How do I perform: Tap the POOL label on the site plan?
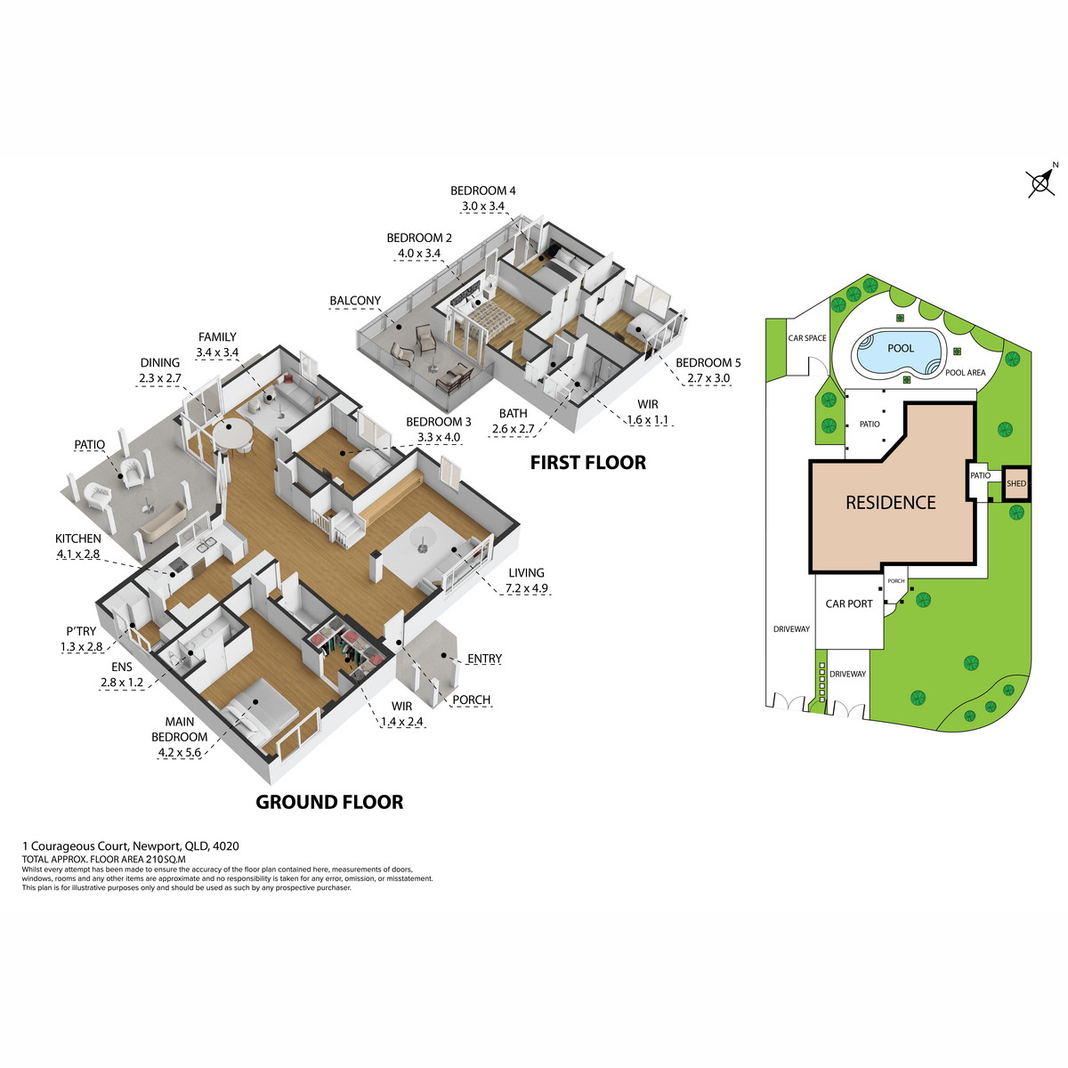(901, 348)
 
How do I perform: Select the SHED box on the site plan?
(1015, 484)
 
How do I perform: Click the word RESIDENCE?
(891, 503)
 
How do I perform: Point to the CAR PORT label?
(848, 604)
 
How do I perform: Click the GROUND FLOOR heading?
(329, 802)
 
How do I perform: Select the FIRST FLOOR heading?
(588, 463)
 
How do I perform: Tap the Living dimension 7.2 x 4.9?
(527, 588)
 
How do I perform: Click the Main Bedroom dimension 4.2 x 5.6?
(180, 753)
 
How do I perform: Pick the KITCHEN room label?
(78, 538)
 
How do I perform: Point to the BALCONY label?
(355, 301)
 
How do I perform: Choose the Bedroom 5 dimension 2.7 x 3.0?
(708, 378)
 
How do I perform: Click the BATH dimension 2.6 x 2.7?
(514, 428)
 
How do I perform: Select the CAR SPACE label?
(807, 338)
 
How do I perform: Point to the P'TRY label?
(82, 631)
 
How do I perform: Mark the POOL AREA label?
(966, 373)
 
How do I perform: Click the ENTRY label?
(484, 659)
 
